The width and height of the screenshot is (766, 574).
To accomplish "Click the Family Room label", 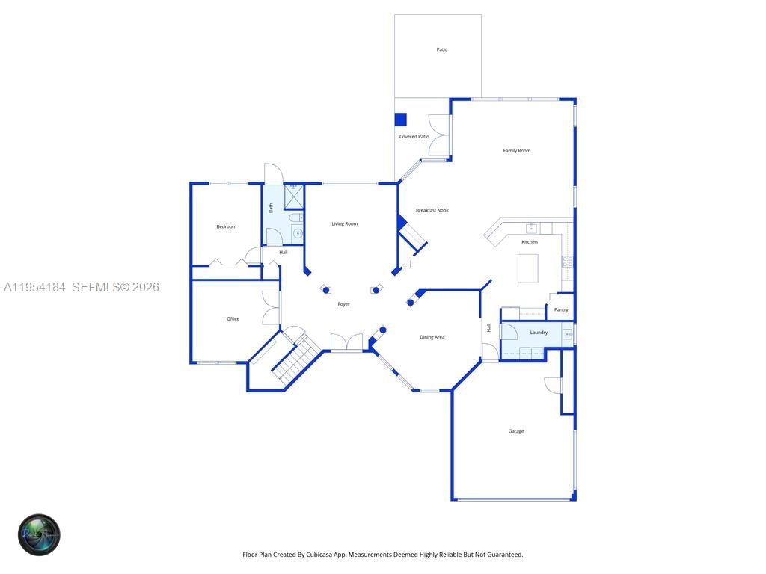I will (516, 151).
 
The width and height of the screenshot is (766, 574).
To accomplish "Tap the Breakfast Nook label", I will (432, 210).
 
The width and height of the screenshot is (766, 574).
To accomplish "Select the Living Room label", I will (345, 223).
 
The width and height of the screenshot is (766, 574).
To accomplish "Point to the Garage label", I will (516, 431).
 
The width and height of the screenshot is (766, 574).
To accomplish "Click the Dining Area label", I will (432, 337).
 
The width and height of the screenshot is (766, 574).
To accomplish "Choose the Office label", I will (233, 319).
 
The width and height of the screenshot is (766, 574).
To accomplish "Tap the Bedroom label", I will (227, 226).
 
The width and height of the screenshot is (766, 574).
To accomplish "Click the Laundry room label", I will (539, 333).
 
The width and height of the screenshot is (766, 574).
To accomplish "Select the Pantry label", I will (561, 309).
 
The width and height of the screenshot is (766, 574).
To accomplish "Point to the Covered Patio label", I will (414, 137).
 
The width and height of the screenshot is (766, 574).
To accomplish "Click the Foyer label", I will (343, 304).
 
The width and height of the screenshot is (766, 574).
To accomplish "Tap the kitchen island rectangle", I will (528, 268).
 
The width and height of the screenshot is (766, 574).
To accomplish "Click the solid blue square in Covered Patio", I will (400, 120).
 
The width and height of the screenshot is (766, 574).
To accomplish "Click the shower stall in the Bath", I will (294, 197).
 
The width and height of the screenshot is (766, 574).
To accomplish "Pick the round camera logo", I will (39, 534).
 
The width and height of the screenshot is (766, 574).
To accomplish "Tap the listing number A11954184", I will (34, 287).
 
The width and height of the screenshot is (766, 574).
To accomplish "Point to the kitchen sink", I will (531, 229).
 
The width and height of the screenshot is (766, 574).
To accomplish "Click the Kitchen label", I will (530, 242).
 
